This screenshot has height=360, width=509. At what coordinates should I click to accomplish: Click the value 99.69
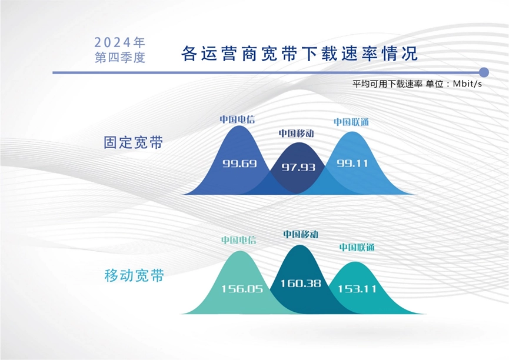pos(239,164)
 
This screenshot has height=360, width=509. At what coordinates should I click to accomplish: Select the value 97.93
pos(298,167)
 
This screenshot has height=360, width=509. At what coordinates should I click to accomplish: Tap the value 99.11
pos(352,163)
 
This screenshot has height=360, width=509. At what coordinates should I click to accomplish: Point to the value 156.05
pos(242,289)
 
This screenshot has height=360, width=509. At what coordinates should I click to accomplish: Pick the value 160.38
pos(301,284)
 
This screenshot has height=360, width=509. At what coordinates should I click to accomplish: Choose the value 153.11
pos(357,289)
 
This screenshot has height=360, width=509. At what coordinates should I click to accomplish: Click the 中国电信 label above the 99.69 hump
pos(237,119)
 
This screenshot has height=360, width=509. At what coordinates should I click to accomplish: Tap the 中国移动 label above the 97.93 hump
pos(297,133)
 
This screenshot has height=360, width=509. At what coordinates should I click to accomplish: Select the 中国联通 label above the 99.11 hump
pos(351,122)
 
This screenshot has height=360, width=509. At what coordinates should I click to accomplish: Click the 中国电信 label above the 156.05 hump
pos(238,240)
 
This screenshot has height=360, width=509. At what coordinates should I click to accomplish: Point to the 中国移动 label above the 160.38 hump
pos(301,234)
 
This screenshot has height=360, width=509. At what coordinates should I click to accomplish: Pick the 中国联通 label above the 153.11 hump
pos(357,248)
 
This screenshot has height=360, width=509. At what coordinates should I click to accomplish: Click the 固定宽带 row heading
pos(133,142)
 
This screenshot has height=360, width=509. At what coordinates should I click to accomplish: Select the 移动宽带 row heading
pos(134,276)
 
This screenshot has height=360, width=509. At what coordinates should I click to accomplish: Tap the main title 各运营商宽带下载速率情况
pos(300,54)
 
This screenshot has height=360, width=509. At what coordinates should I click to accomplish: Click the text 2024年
pos(119,42)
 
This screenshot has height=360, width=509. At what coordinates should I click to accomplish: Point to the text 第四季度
pos(120,57)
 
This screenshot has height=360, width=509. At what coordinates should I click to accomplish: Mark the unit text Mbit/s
pos(467,84)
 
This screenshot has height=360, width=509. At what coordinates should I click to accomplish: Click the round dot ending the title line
pos(484,72)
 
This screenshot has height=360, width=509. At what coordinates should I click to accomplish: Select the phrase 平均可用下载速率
pos(387,84)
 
